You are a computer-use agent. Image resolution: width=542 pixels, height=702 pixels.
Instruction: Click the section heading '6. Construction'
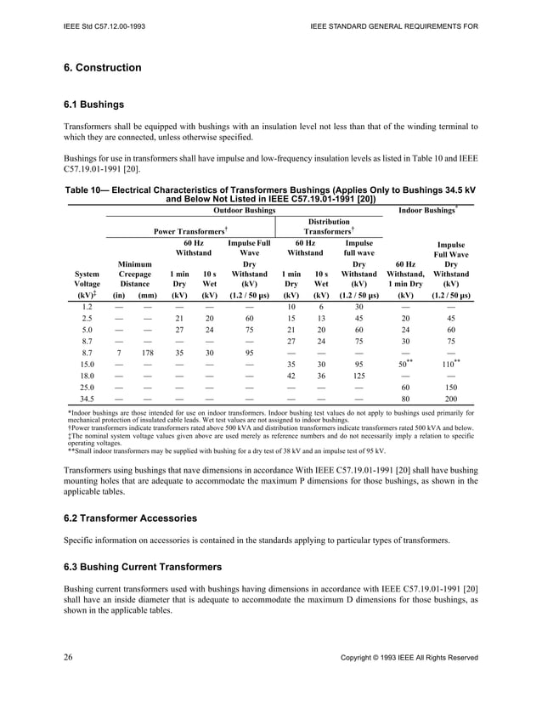click(x=103, y=67)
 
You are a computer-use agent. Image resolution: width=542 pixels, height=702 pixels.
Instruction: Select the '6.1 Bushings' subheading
click(x=94, y=105)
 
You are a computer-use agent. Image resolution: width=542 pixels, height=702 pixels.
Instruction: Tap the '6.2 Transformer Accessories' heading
click(x=133, y=517)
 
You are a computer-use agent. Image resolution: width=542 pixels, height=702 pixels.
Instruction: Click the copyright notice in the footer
click(x=409, y=658)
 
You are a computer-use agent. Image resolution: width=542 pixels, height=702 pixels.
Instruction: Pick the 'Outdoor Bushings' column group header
click(x=243, y=210)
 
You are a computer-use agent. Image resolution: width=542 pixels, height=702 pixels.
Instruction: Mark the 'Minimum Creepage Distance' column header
click(x=135, y=275)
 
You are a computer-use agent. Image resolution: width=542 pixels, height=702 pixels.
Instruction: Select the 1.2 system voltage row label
click(x=87, y=306)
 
